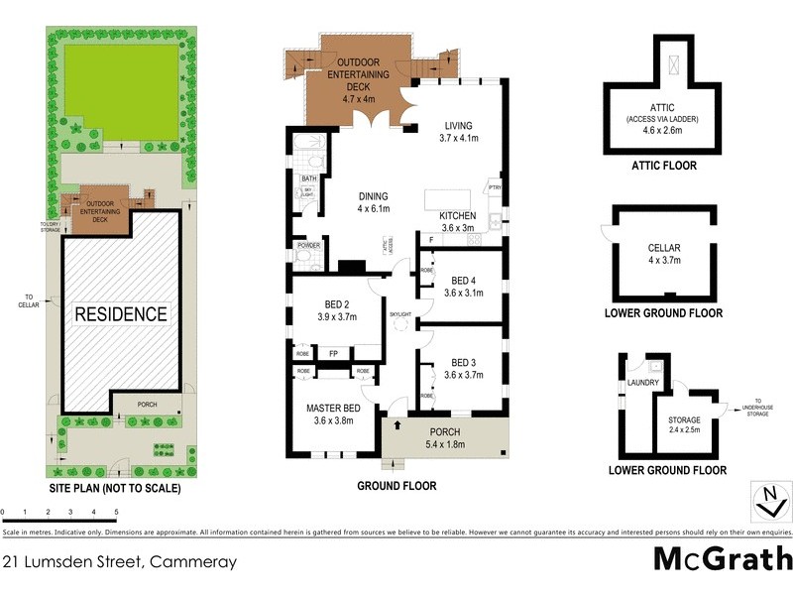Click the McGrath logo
[x=723, y=558]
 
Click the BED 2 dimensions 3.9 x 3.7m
[x=335, y=316]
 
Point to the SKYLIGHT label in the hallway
[x=400, y=313]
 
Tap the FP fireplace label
[x=333, y=352]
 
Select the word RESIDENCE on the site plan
[x=123, y=314]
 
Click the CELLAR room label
[x=663, y=248]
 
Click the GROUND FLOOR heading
[x=396, y=487]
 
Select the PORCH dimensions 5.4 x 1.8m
[x=437, y=445]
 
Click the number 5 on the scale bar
[x=116, y=513]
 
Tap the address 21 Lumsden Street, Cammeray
[x=119, y=562]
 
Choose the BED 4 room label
[x=463, y=281]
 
